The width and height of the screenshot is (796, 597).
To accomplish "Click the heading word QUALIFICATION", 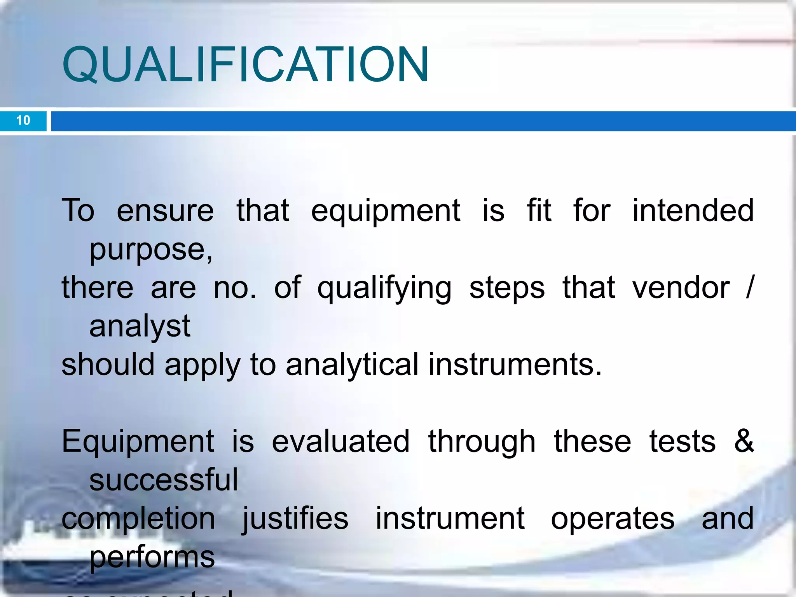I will pos(246,65).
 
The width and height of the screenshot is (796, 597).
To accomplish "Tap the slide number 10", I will pos(23,120).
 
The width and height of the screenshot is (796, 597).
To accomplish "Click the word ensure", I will pos(165,211).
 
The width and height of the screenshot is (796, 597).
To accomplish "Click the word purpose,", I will pos(151,250).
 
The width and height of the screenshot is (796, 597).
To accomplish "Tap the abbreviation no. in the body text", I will pos(235,288).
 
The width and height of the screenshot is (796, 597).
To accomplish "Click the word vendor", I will pos(681,288).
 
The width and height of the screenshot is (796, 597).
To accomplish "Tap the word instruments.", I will pos(515,365).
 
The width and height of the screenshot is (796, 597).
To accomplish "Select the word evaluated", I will pos(340,442).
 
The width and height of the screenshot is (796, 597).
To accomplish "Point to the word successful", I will pos(164,480).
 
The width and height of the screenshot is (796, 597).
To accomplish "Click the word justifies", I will pos(295,519).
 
